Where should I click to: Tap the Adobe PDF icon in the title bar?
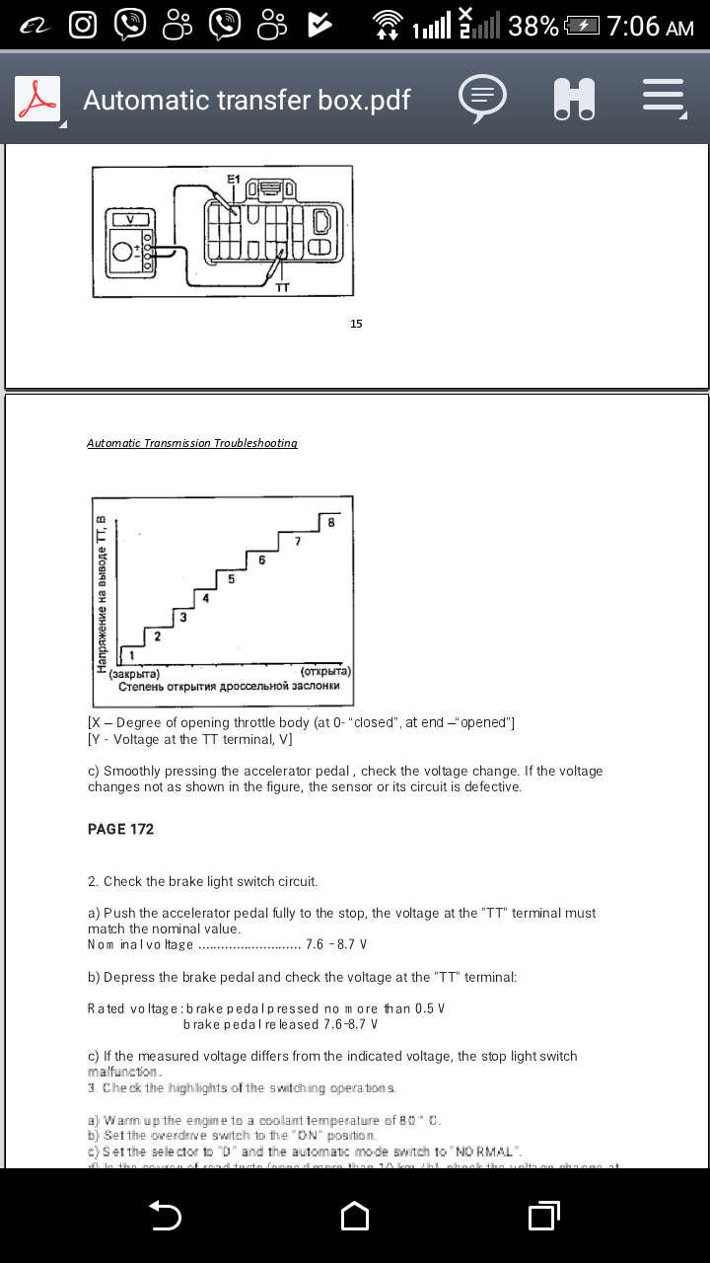36,100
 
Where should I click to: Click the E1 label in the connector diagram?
233,179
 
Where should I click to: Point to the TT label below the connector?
282,289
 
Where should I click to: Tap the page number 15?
356,323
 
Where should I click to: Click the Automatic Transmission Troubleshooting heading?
192,443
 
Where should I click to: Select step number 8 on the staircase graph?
331,523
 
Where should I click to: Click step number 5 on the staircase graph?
231,579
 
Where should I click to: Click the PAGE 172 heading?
121,829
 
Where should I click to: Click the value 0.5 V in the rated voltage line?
426,1008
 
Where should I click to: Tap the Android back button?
165,1216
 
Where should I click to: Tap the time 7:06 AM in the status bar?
651,26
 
